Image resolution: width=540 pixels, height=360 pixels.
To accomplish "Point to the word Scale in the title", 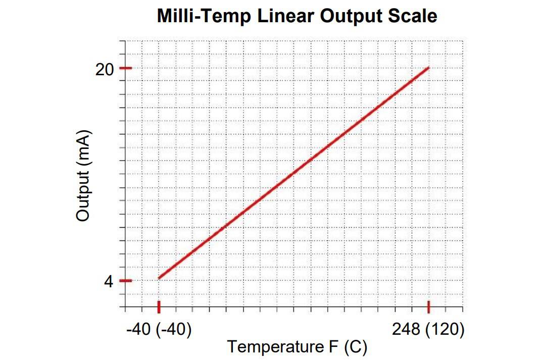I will coord(413,16).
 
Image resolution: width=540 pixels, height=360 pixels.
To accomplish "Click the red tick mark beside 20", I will coord(125,68).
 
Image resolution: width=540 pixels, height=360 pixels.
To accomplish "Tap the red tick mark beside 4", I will coord(125,281).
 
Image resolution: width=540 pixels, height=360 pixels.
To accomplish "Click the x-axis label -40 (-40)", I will coord(159,330).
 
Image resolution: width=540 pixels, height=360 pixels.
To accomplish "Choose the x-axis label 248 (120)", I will coord(428,330).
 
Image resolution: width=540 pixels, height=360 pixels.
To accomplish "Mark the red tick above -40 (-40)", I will coord(159,306).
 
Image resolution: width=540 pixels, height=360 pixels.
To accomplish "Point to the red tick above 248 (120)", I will coord(429,306).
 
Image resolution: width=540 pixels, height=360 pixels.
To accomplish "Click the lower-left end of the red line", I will coord(160,278).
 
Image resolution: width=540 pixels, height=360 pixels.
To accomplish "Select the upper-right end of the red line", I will coord(428,68).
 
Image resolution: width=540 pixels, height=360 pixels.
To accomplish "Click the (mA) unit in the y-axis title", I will coord(83,147).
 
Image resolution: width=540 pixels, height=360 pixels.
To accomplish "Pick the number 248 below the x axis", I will coord(406,330).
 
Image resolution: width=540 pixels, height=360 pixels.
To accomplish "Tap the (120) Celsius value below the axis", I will coord(444,330).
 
